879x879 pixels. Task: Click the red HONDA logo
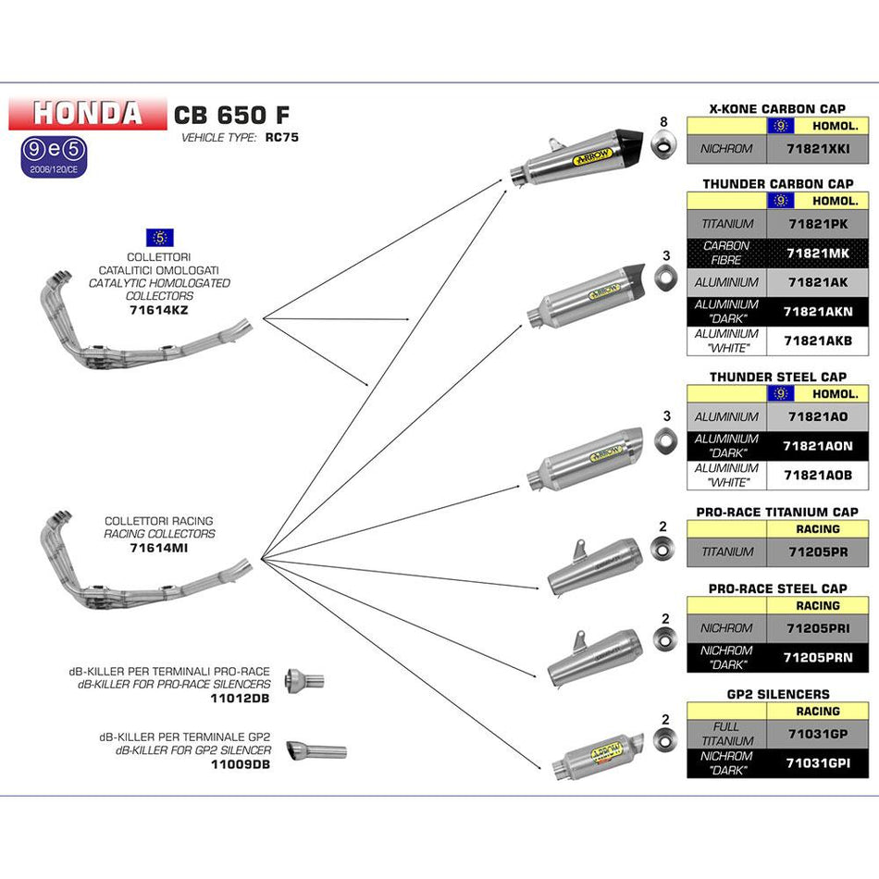(x=87, y=113)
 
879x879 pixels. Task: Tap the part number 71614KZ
(x=159, y=310)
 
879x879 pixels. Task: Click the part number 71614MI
(x=159, y=548)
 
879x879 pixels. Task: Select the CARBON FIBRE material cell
(x=726, y=253)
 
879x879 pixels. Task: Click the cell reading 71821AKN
(x=817, y=312)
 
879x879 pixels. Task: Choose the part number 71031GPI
(x=817, y=762)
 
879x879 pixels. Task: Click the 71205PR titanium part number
(x=817, y=551)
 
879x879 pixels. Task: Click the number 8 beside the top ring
(x=662, y=122)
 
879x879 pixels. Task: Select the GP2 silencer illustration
(x=597, y=754)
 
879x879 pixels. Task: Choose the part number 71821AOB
(x=817, y=475)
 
